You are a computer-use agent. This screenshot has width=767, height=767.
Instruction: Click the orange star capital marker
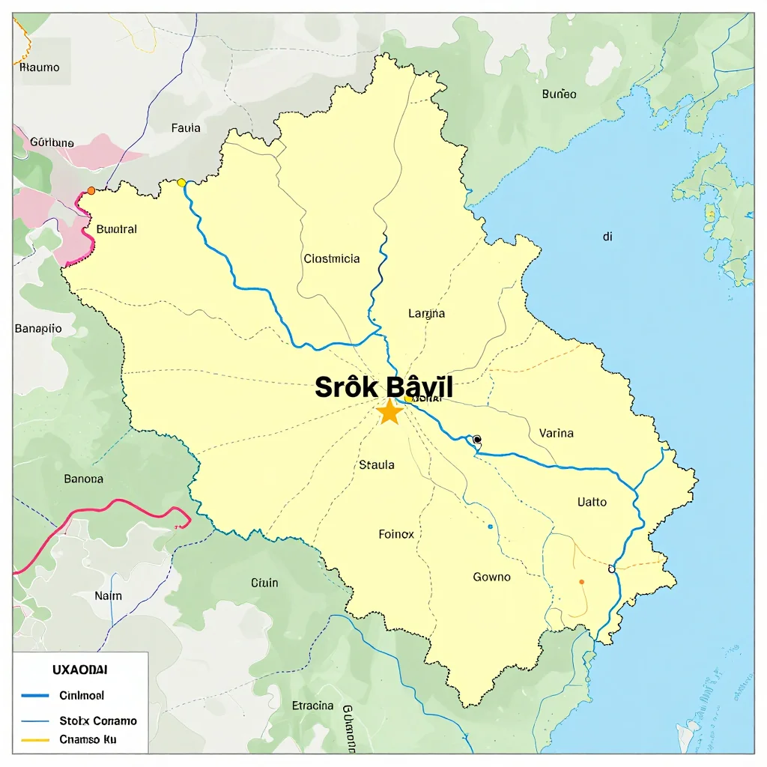pos(389,411)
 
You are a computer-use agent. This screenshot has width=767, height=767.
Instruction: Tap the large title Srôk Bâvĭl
pos(383,387)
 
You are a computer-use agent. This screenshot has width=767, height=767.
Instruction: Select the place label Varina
pos(556,433)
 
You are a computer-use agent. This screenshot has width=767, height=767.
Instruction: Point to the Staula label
pos(377,464)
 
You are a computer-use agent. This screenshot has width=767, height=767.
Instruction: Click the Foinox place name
pos(396,534)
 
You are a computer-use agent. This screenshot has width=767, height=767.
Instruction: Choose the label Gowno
pos(492,577)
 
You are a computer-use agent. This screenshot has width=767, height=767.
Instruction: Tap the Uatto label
pos(592,502)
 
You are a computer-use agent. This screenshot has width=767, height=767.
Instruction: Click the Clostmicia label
pos(332,258)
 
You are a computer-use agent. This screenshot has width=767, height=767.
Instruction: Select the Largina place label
pos(426,313)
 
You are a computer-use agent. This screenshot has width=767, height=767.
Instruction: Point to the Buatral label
pos(117,229)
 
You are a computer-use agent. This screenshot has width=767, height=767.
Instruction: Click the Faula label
pos(186,128)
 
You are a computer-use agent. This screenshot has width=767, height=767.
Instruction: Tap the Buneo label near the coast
pos(559,94)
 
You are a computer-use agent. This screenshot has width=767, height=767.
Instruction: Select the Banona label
pos(84,479)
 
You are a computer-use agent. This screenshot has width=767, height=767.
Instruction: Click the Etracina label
pos(312,705)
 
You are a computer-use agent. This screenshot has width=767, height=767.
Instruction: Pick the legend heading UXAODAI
pos(79,669)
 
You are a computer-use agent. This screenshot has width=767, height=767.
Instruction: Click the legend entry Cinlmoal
pos(82,695)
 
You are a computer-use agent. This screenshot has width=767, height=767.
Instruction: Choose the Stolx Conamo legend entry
pos(98,721)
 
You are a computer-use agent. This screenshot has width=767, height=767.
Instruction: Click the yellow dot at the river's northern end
pos(181,182)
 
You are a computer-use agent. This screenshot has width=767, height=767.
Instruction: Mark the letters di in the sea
pos(607,236)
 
